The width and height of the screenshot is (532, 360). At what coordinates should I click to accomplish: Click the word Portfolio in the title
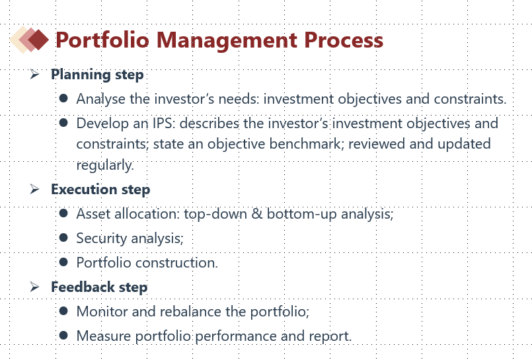pyautogui.click(x=102, y=40)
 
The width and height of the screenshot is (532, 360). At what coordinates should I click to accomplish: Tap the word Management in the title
pyautogui.click(x=227, y=41)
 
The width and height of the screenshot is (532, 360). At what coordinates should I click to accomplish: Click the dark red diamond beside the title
pyautogui.click(x=39, y=40)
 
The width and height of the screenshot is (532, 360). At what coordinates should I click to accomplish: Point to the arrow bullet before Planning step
pyautogui.click(x=34, y=74)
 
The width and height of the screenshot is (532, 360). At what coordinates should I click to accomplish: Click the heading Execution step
pyautogui.click(x=100, y=190)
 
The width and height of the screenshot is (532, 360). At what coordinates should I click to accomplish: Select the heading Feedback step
pyautogui.click(x=99, y=287)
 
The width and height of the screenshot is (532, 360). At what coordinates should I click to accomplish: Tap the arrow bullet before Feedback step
pyautogui.click(x=34, y=287)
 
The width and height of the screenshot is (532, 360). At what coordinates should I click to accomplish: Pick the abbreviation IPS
pyautogui.click(x=164, y=124)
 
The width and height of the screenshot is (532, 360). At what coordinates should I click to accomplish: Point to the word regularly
pyautogui.click(x=105, y=165)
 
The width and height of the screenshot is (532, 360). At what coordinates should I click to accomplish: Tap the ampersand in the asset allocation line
pyautogui.click(x=257, y=213)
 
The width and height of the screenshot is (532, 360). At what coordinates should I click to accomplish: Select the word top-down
pyautogui.click(x=215, y=214)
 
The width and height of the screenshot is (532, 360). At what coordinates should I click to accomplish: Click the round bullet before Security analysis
pyautogui.click(x=63, y=237)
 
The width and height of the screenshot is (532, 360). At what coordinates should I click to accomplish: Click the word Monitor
pyautogui.click(x=102, y=312)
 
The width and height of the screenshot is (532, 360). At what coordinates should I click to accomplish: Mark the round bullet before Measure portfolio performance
pyautogui.click(x=63, y=336)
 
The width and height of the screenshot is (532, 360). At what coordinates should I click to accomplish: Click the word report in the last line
pyautogui.click(x=330, y=336)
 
